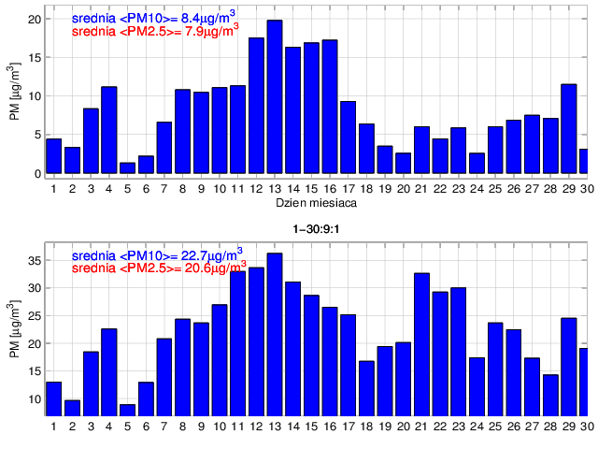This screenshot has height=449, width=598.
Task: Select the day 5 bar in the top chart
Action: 128,168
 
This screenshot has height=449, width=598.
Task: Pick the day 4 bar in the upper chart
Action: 109,130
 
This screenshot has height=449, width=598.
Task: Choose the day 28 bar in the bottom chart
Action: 550,394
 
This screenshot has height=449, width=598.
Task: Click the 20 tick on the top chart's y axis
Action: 34,19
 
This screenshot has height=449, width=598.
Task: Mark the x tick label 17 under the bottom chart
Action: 348,427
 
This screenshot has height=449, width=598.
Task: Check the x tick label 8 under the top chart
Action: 183,188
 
